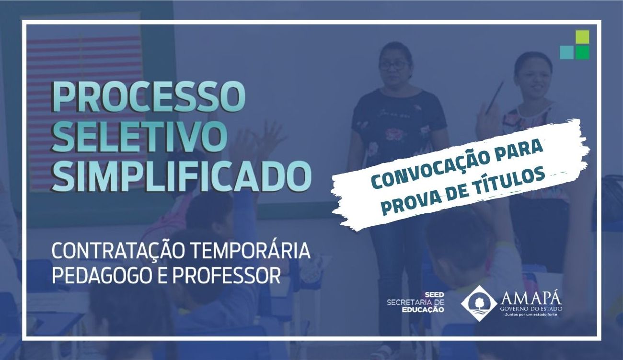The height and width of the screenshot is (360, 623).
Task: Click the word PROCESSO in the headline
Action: (x=148, y=96)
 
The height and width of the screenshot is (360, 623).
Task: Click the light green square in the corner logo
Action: (x=582, y=37)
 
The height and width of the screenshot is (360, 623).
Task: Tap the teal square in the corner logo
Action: (x=567, y=53)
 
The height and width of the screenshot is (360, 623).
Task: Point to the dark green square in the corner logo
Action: (x=582, y=53)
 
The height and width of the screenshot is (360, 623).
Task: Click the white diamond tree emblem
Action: (x=479, y=303)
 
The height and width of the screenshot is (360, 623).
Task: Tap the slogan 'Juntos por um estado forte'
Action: (x=531, y=315)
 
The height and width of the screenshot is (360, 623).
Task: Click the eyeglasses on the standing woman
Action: (x=394, y=66)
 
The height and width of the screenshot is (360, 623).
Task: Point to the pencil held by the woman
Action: (x=495, y=97)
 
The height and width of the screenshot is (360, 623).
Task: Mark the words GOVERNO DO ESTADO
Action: (x=531, y=309)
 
